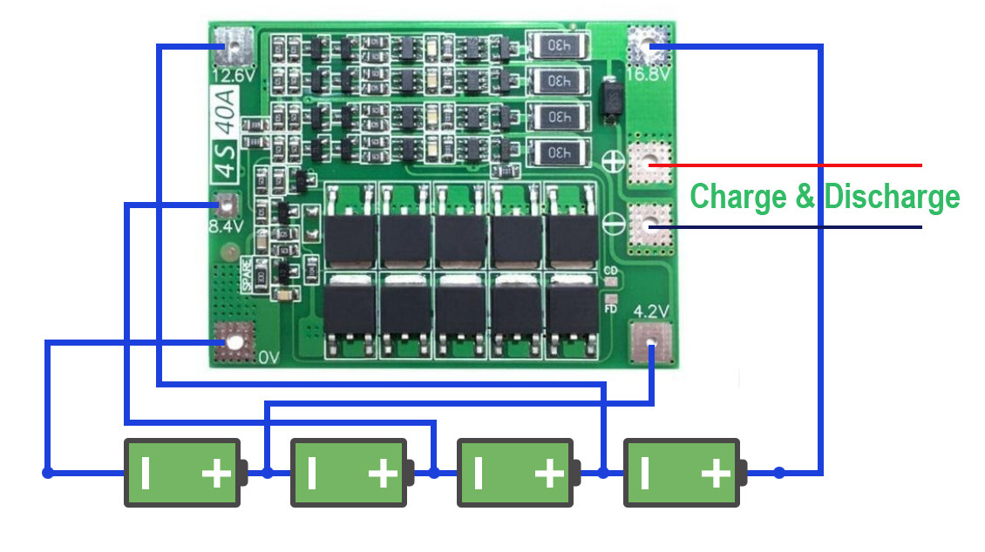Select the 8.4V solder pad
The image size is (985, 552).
click(x=227, y=205)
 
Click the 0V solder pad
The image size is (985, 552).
click(x=233, y=340)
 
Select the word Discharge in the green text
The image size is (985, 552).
click(x=891, y=197)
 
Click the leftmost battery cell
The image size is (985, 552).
click(x=182, y=473)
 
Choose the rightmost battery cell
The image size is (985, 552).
click(x=683, y=473)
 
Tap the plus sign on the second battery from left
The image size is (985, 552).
click(x=382, y=474)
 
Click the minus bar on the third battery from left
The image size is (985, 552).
click(x=478, y=474)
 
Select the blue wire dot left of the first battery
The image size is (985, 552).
click(x=47, y=473)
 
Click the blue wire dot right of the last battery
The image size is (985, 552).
click(x=779, y=473)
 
